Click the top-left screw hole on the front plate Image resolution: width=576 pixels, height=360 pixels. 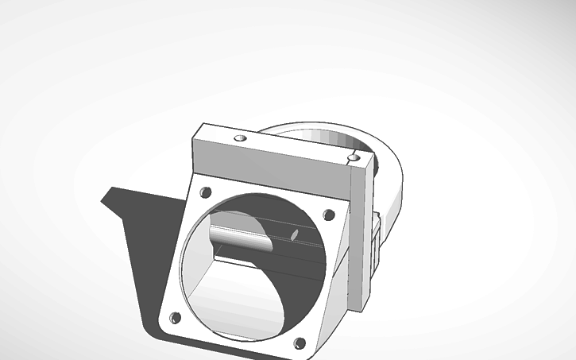(206, 192)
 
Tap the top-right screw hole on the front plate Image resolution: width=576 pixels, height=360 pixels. (327, 215)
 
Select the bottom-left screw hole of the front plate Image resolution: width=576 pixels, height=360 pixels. (175, 318)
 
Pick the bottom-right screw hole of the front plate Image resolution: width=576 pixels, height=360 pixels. (300, 343)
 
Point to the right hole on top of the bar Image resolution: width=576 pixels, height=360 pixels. (353, 160)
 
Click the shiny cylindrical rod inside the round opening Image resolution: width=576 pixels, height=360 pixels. (238, 236)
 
